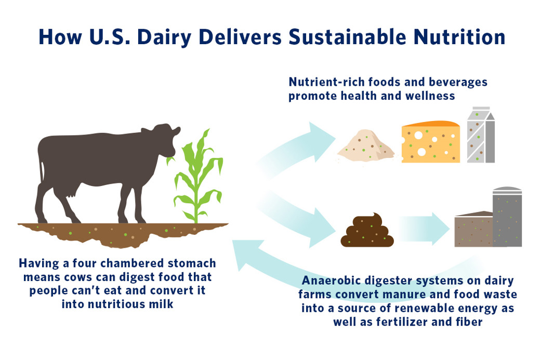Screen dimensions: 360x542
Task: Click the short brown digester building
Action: click(x=473, y=229)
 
